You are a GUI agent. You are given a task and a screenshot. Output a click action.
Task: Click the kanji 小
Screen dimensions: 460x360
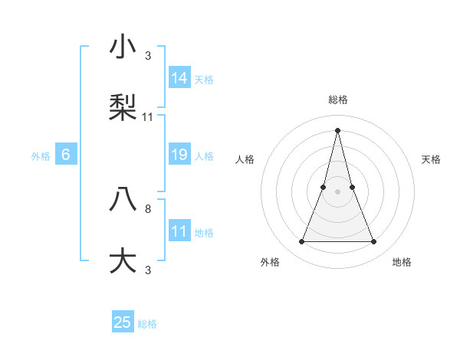click(x=123, y=47)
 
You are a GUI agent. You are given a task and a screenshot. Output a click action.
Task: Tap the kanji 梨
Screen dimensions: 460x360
click(x=123, y=107)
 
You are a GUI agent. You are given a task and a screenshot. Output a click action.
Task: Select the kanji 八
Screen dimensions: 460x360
click(x=123, y=198)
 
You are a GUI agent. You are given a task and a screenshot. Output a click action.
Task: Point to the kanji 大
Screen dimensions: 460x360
click(x=123, y=259)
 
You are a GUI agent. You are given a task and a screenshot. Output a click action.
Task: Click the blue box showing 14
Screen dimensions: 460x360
click(x=179, y=78)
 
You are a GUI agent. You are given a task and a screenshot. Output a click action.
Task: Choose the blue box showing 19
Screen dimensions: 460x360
click(x=179, y=155)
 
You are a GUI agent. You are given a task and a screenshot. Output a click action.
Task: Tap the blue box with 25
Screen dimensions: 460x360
click(x=123, y=322)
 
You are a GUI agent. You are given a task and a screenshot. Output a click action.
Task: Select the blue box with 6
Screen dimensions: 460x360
click(x=66, y=155)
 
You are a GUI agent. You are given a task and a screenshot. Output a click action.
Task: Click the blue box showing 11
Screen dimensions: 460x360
click(x=179, y=231)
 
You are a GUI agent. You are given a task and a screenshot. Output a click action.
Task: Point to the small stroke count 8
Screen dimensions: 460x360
click(x=148, y=208)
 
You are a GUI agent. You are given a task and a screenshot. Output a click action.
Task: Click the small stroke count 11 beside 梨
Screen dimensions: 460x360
click(x=148, y=116)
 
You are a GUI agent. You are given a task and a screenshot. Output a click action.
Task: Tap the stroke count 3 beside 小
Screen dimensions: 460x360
click(x=148, y=56)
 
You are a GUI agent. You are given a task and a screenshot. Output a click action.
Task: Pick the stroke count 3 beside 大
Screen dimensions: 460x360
click(x=148, y=269)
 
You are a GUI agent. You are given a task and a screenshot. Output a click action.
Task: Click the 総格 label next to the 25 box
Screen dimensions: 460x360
click(x=148, y=324)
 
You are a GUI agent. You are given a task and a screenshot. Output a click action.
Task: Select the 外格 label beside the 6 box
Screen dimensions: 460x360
click(x=41, y=156)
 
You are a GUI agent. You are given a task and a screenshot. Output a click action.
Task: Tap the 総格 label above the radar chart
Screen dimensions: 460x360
click(x=337, y=100)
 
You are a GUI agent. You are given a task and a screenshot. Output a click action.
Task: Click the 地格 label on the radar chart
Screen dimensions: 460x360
click(x=402, y=262)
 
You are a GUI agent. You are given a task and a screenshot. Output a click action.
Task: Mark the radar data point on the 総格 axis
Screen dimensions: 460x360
click(x=337, y=129)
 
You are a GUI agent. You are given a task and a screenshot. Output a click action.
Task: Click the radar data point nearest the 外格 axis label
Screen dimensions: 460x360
click(x=301, y=242)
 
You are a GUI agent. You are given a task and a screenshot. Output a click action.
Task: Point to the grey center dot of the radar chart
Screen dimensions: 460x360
click(x=337, y=191)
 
